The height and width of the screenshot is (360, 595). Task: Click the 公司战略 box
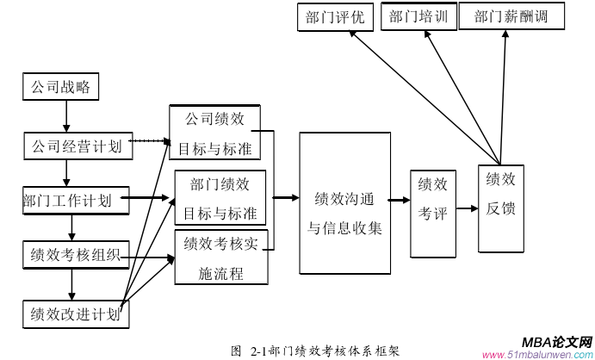[x=60, y=87]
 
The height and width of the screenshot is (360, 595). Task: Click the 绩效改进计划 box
[x=75, y=312]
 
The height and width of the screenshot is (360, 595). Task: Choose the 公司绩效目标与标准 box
[x=214, y=133]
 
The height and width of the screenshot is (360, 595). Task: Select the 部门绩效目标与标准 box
[x=220, y=197]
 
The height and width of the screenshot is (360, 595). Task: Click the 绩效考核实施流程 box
[x=220, y=258]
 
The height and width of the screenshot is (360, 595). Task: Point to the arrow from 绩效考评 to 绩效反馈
[x=467, y=208]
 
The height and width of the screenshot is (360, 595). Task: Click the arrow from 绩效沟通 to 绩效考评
[x=399, y=201]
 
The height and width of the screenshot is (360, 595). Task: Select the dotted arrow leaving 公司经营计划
[x=152, y=140]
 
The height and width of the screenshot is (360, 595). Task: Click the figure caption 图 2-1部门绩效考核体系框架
[x=315, y=351]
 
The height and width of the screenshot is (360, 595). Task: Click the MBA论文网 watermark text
[x=555, y=342]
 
